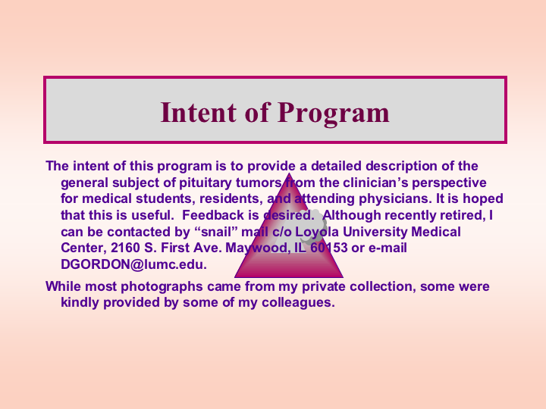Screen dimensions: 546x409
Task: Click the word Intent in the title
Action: (199, 112)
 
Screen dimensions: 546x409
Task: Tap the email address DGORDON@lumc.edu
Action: (133, 264)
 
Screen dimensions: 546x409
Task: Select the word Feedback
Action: (213, 215)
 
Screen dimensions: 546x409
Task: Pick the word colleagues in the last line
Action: (298, 302)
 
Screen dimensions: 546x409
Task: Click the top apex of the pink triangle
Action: (289, 173)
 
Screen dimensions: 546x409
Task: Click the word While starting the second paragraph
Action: (64, 286)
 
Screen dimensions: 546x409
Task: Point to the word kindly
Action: (80, 302)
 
